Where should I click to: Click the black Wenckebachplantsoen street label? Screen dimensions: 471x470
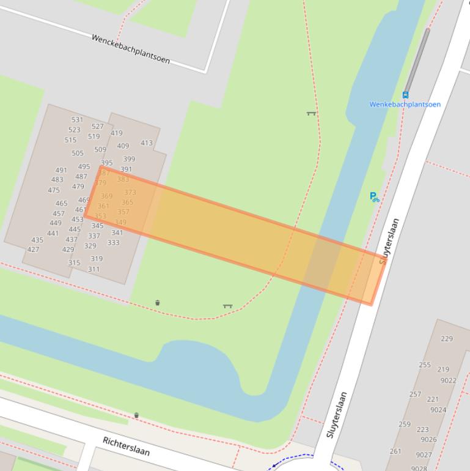[130, 49]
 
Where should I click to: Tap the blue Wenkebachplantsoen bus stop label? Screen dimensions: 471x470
[405, 105]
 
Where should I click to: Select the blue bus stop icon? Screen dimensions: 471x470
[405, 95]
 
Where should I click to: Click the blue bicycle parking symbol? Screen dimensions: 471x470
[375, 197]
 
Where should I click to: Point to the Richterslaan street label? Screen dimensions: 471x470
[126, 446]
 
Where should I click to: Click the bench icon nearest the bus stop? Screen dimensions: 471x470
[311, 113]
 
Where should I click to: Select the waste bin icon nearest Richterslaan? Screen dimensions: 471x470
[136, 415]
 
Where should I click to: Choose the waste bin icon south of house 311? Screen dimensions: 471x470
[158, 303]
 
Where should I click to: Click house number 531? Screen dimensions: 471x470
[77, 120]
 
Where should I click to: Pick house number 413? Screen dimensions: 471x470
[147, 143]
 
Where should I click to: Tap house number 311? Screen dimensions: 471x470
[94, 269]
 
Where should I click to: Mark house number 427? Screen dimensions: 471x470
[33, 250]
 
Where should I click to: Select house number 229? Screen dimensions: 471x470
[447, 339]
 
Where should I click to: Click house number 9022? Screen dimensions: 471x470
[448, 380]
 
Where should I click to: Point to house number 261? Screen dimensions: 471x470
[395, 451]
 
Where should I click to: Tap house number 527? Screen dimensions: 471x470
[98, 127]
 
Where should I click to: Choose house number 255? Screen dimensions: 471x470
[425, 365]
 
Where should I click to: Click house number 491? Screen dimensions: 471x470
[61, 171]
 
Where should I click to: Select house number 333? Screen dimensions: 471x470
[114, 243]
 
